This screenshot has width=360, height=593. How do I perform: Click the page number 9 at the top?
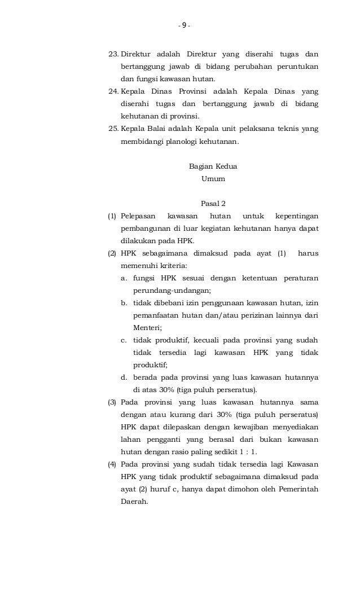185,25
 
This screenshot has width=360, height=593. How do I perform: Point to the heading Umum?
213,179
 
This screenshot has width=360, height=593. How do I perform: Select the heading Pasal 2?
213,203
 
